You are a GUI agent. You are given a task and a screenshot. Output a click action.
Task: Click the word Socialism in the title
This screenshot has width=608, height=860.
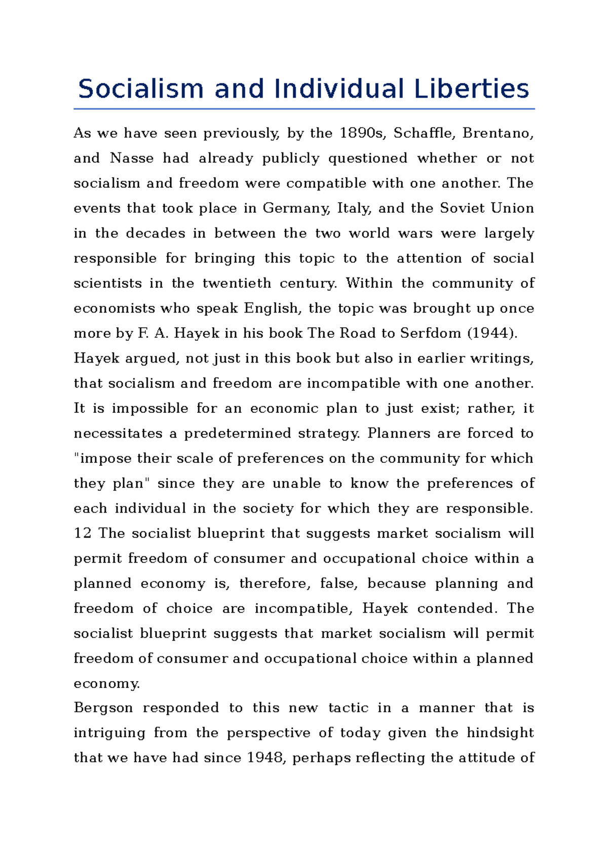[x=141, y=89]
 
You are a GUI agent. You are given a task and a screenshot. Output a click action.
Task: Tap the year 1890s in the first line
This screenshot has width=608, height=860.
[x=362, y=133]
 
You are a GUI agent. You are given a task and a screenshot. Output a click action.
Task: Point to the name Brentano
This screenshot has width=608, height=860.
[x=498, y=133]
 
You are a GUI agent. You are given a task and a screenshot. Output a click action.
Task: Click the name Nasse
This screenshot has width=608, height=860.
[x=132, y=158]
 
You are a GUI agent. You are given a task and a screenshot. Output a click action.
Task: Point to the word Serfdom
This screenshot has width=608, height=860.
[x=431, y=333]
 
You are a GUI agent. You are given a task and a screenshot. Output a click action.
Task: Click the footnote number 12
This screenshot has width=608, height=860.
[x=83, y=533]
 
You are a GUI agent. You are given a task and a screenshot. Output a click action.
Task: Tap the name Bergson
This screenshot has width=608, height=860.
[x=103, y=708]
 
